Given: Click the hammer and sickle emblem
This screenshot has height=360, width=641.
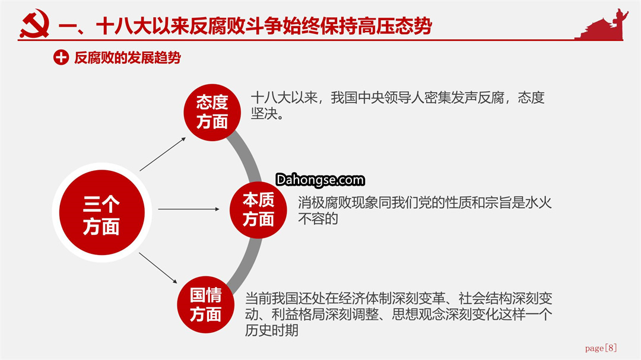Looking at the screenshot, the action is pos(34,24).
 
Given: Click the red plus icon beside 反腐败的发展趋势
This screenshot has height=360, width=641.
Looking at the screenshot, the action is pos(61,58).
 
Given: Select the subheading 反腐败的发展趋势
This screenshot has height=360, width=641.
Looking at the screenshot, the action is pos(127,58).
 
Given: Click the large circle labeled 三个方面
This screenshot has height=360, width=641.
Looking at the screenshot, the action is pos(102,212).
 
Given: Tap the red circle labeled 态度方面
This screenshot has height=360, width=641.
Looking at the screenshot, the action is pos(212,112).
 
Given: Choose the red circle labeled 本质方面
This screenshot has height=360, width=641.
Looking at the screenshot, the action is pos(258,210).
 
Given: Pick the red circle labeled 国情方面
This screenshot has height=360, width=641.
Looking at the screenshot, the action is pos(205,305).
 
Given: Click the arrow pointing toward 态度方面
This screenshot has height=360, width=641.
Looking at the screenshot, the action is pos(163,154).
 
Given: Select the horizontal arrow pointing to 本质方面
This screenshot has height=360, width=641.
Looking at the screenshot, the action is pos(189,209).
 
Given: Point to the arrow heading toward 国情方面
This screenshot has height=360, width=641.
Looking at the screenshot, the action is pos(158,267).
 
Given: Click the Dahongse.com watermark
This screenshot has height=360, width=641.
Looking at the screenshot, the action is pos(320,180).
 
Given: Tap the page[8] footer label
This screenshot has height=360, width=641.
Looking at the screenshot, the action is pos(601,348).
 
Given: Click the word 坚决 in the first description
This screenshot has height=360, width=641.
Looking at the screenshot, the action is pos(264,114).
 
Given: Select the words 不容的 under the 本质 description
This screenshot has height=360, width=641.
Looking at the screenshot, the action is pos(318,219).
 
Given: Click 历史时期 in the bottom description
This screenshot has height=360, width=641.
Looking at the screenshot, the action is pos(271,330).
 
